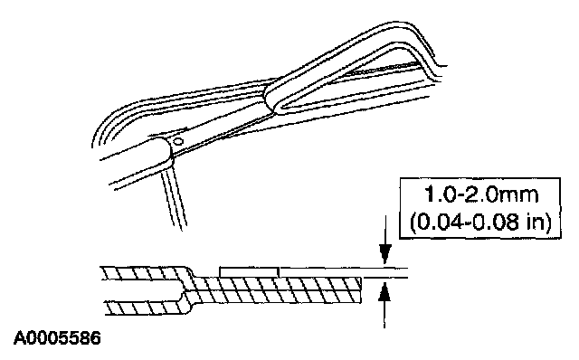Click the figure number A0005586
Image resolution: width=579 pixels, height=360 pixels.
pyautogui.click(x=57, y=338)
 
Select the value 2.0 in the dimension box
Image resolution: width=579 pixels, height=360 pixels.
pyautogui.click(x=479, y=195)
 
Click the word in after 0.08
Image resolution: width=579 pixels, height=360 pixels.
pyautogui.click(x=533, y=223)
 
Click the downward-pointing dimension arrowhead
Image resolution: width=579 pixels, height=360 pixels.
pyautogui.click(x=385, y=253)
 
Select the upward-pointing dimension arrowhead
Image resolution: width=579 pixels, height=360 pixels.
pyautogui.click(x=384, y=292)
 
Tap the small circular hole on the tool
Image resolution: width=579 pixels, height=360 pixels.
pyautogui.click(x=179, y=141)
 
